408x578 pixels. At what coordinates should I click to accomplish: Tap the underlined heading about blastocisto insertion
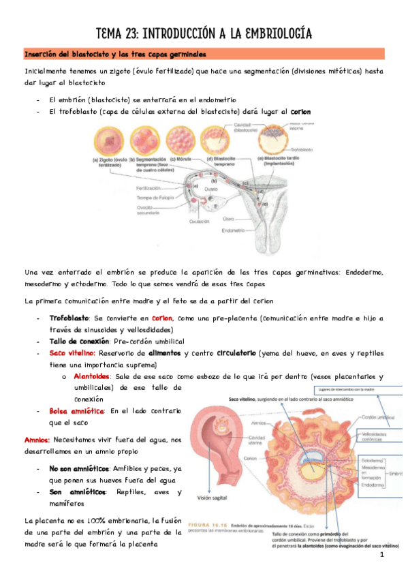[115, 54]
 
